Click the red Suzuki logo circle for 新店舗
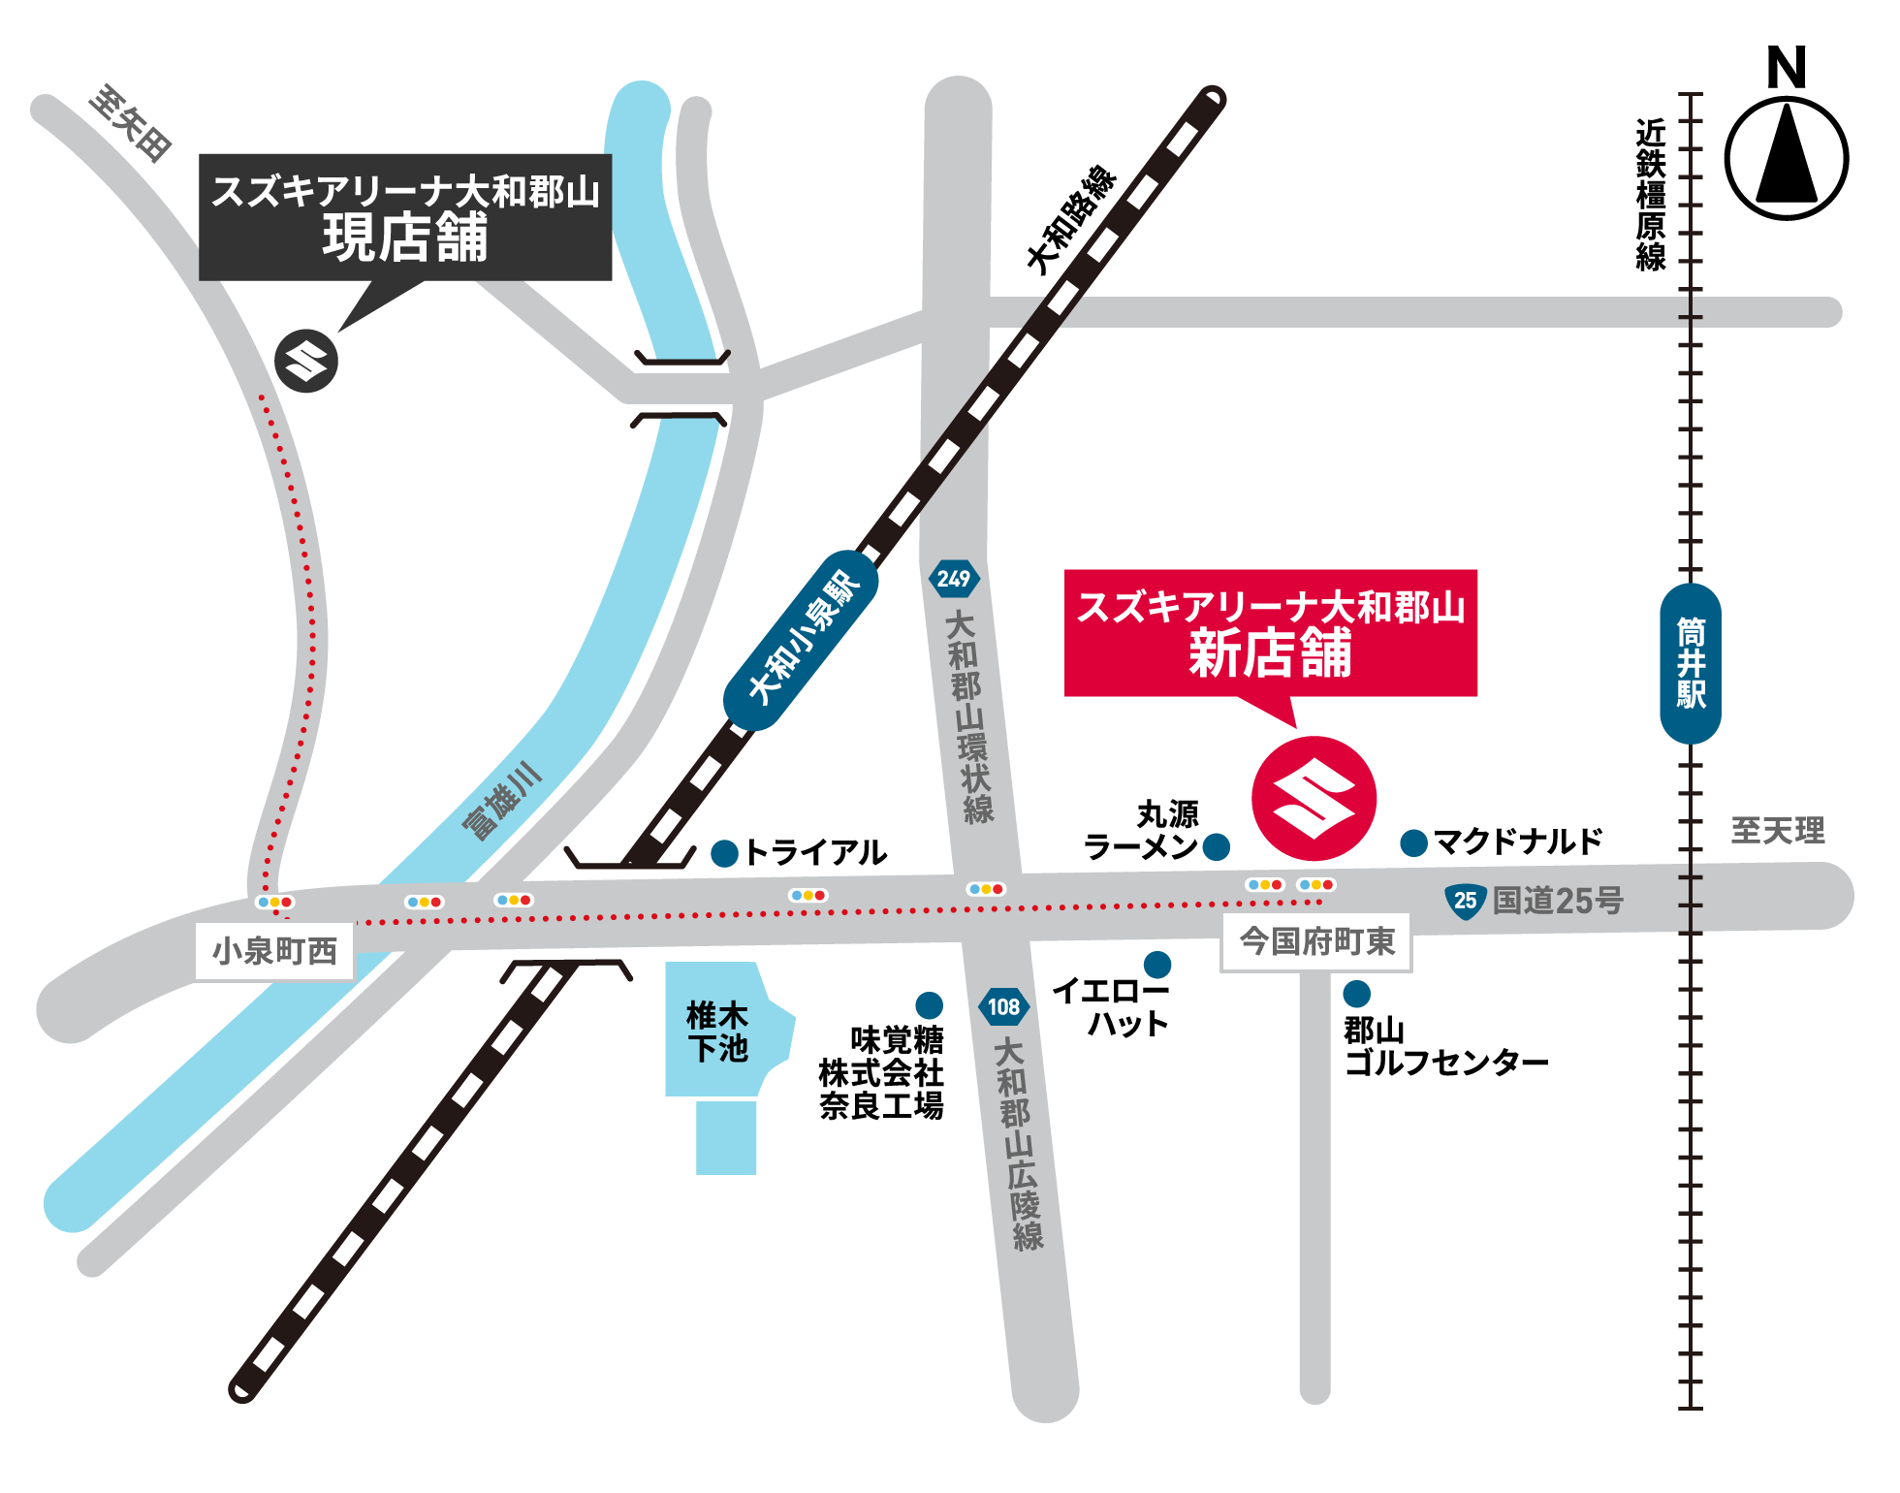(1314, 798)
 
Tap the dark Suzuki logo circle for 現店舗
(306, 361)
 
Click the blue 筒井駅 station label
(1690, 663)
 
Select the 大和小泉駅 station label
(802, 640)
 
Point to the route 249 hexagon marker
(954, 579)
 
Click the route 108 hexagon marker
(1003, 1006)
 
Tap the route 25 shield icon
(1465, 901)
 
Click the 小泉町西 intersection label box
(274, 951)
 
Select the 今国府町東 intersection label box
(1315, 940)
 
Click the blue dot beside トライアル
(724, 853)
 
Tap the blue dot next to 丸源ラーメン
(1216, 846)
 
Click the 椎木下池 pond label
(717, 1032)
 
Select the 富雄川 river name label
(501, 801)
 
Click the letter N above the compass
(1786, 68)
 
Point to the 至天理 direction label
(1777, 830)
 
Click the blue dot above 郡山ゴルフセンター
(1356, 993)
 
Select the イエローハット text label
(1112, 1006)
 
